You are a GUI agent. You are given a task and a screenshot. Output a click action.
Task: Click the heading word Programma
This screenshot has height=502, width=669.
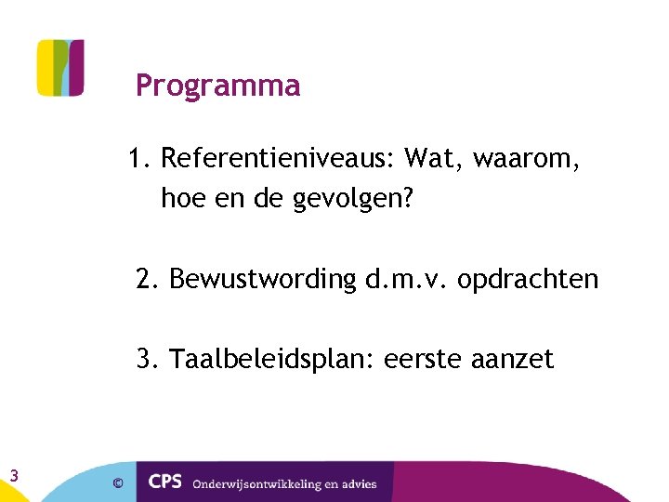[x=217, y=86]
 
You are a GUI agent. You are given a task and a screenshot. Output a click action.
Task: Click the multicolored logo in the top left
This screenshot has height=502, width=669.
[x=60, y=68]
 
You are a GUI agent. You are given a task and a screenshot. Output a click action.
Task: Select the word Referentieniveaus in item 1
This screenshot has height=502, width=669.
[x=278, y=159]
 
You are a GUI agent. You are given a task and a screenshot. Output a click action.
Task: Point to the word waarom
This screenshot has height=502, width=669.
[x=527, y=159]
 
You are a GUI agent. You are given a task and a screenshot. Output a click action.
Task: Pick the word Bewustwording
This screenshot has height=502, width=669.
[x=263, y=279]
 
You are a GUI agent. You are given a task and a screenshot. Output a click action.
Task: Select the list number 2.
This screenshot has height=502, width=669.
[x=147, y=279]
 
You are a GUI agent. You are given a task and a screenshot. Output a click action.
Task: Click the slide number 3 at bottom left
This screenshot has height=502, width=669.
[x=14, y=476]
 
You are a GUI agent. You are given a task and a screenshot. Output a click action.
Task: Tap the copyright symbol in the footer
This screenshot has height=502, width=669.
[x=117, y=483]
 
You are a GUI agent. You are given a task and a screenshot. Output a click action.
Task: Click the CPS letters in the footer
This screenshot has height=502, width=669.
[x=166, y=482]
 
